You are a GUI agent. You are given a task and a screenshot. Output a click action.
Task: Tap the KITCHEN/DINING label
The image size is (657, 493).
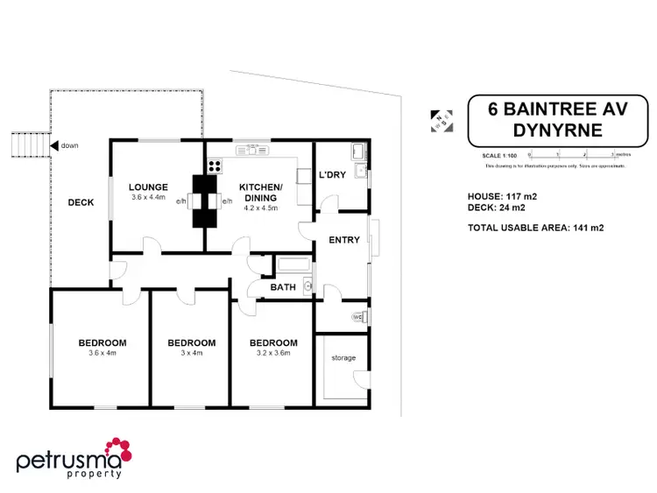[x=261, y=193]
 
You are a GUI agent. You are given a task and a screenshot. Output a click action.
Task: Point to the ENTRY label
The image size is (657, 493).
[x=344, y=239]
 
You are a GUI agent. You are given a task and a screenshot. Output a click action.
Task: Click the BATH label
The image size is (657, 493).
[x=283, y=286]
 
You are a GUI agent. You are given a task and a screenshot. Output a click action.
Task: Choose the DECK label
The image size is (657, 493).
[x=80, y=202]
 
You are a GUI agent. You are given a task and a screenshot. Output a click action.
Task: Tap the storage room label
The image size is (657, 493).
[x=343, y=357]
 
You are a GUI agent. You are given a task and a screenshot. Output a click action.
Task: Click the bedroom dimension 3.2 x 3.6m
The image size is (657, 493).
[x=273, y=354]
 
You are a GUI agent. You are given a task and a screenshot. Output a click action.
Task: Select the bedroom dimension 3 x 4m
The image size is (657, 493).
[x=191, y=354]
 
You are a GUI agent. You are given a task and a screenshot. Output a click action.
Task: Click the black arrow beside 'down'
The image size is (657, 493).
[x=54, y=145]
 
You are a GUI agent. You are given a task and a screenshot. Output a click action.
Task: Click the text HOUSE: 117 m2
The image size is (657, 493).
[x=503, y=197]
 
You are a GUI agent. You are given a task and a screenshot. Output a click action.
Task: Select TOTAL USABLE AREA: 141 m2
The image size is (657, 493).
[x=537, y=228]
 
